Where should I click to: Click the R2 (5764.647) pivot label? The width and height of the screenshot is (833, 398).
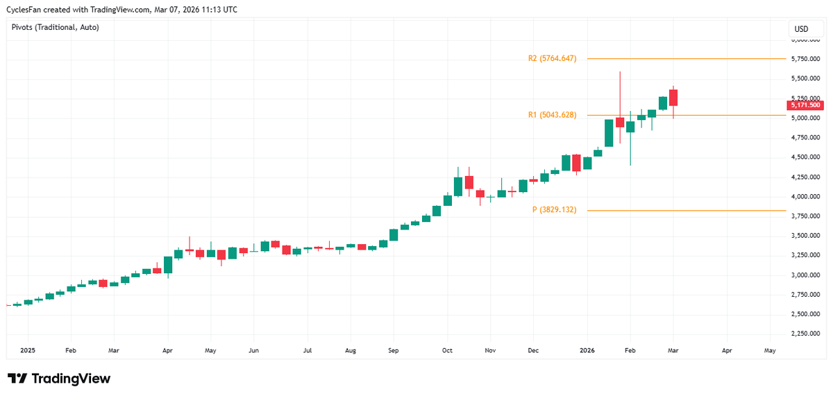(552, 59)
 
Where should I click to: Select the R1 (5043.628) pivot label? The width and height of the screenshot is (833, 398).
(552, 115)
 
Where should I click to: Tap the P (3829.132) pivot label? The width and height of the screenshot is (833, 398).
(554, 209)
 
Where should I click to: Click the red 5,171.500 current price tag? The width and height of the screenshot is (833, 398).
(805, 105)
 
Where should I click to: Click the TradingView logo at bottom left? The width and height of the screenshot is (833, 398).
(59, 379)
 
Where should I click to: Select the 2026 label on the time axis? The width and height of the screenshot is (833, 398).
(587, 351)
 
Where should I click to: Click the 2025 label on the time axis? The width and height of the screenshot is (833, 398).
(27, 351)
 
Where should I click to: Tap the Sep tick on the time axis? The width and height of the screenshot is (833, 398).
(393, 351)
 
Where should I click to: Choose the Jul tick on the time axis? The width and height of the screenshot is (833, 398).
(307, 351)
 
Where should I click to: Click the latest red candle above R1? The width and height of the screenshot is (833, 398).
(673, 98)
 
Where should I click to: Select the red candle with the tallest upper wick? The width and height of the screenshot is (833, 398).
(620, 122)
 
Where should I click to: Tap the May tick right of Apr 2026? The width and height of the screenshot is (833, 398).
(770, 351)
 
